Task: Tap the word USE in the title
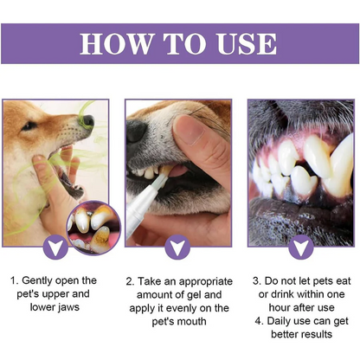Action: coord(243,42)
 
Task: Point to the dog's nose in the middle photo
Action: coord(138,131)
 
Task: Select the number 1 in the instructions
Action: coord(15,281)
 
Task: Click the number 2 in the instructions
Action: coord(130,281)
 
